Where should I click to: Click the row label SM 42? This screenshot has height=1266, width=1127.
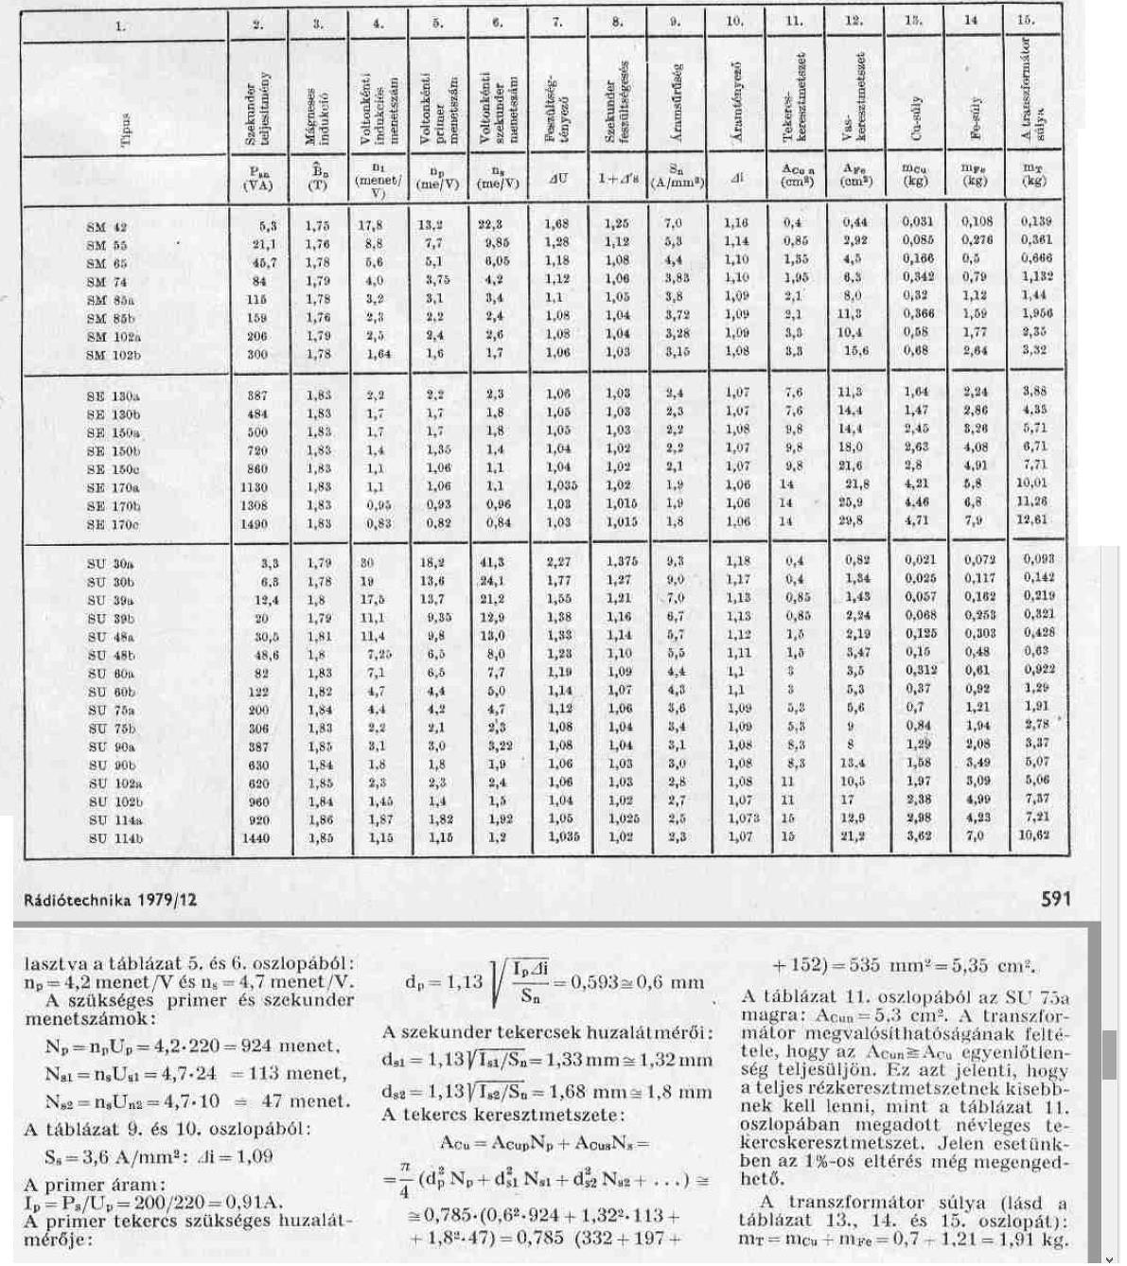click(106, 227)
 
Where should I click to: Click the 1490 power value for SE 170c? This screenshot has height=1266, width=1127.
click(255, 523)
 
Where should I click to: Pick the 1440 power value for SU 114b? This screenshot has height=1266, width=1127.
click(255, 838)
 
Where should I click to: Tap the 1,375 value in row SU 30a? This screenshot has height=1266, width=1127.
click(621, 561)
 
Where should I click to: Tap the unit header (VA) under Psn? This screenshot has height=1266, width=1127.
click(255, 185)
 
